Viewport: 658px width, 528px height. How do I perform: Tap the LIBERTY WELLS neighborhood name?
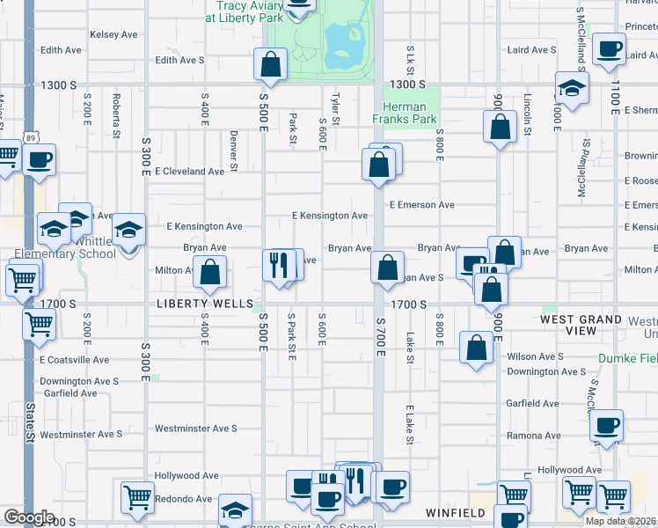[x=194, y=304]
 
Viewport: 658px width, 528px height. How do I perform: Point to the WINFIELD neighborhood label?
[x=456, y=512]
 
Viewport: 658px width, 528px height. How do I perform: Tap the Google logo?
[x=29, y=517]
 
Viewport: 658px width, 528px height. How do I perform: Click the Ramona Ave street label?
[x=533, y=436]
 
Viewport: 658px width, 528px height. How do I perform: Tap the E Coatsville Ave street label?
[x=74, y=360]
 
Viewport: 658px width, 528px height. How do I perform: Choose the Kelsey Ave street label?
[x=114, y=34]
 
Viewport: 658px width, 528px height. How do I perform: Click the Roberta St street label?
[x=115, y=113]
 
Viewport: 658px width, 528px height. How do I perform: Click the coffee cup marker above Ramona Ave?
[x=605, y=426]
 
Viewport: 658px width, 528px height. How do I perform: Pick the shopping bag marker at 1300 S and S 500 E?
[x=270, y=64]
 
